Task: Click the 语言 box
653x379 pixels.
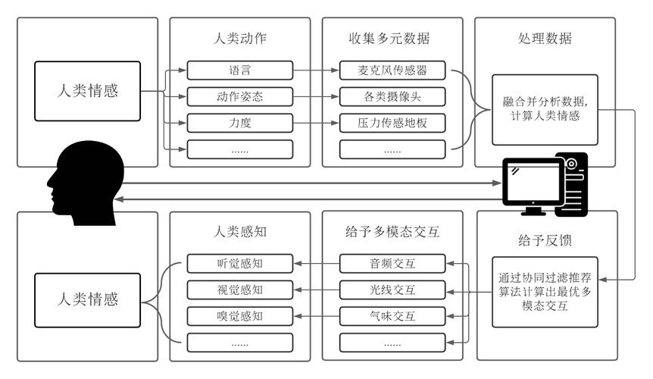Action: tap(239, 71)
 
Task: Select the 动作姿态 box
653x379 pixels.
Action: tap(239, 97)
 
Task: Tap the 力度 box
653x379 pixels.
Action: tap(239, 123)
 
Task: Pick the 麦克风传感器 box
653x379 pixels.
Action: tap(392, 71)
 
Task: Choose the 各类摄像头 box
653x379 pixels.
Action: tap(392, 97)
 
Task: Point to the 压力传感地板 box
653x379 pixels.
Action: tap(392, 123)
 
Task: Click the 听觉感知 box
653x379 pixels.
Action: tap(239, 264)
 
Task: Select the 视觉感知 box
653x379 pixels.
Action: tap(239, 290)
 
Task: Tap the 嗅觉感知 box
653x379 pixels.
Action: tap(239, 315)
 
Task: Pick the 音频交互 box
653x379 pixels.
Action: tap(392, 264)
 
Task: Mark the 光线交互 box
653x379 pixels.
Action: tap(392, 290)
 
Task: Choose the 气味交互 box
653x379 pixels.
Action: tap(392, 315)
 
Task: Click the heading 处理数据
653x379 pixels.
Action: tap(545, 39)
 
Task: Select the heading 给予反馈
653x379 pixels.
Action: tap(545, 240)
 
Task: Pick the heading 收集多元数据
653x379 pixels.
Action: tap(392, 39)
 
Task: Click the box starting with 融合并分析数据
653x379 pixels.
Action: tap(545, 109)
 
